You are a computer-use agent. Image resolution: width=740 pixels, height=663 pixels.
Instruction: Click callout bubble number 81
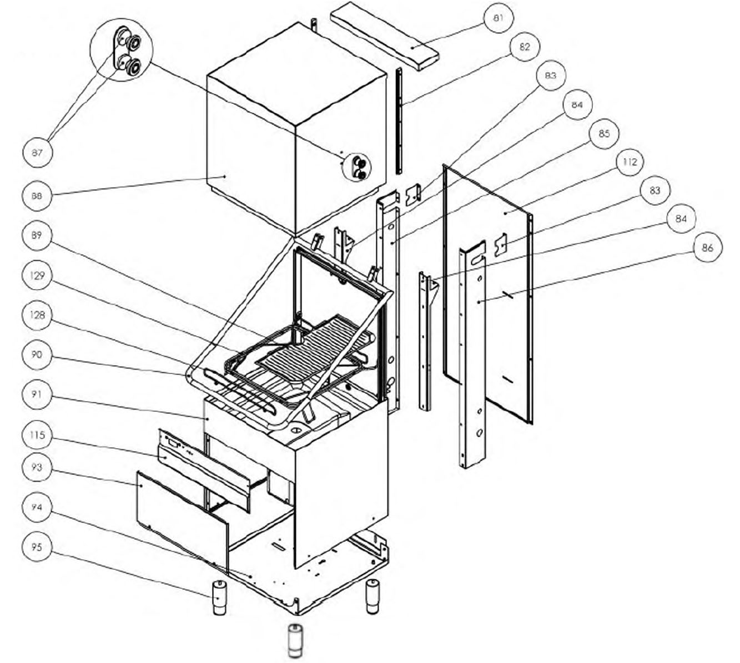pos(498,18)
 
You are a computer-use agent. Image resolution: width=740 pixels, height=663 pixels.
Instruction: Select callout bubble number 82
pos(525,47)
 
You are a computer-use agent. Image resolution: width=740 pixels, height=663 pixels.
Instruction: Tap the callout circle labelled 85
pos(604,134)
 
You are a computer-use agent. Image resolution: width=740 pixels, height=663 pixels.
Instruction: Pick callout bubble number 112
pos(630,162)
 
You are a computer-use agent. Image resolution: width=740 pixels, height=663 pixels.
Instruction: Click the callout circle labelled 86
pos(707,248)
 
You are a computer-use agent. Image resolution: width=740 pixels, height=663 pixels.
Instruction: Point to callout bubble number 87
pos(37,153)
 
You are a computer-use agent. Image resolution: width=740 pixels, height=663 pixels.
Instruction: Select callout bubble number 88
pos(37,196)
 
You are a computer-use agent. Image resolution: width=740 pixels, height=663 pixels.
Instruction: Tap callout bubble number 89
pos(37,235)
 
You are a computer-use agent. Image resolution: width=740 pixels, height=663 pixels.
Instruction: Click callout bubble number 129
pos(37,275)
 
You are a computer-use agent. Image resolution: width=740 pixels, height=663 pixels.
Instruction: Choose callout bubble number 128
pos(37,315)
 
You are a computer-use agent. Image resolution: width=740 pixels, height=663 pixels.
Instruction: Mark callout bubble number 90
pos(37,355)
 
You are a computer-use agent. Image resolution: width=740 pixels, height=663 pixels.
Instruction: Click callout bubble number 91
pos(37,394)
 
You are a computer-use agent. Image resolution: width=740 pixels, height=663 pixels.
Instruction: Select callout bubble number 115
pos(37,435)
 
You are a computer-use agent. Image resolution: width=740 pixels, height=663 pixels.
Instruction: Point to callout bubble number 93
pos(37,467)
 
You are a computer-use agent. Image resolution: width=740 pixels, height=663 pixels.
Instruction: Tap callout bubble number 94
pos(37,507)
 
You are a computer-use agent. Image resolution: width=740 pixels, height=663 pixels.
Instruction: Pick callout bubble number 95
pos(37,547)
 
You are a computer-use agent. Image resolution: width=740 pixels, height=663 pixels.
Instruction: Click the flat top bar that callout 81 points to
pos(385,36)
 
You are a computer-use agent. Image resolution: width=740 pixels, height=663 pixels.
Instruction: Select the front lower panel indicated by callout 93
pos(183,521)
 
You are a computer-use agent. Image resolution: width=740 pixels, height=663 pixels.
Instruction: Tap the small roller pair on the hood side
pos(356,167)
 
